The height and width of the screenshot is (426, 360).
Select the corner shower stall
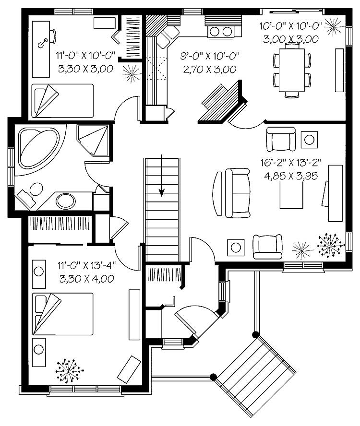coord(94,140)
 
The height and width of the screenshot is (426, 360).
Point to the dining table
coord(292,69)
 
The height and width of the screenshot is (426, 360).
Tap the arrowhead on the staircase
coord(162,193)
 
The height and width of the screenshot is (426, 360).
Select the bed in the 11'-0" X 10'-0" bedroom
coord(62,100)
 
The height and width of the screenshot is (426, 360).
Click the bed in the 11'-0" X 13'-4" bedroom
coord(62,314)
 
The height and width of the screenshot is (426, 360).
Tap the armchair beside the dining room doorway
coord(281,139)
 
